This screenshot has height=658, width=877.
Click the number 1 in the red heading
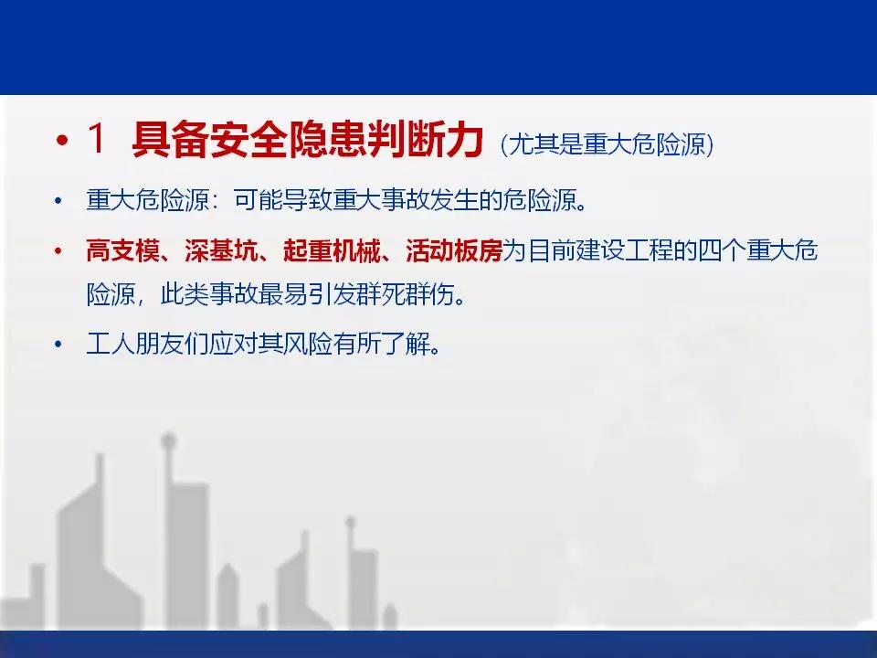96,139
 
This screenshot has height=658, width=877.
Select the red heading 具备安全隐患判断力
307,140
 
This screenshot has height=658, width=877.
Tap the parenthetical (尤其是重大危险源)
607,145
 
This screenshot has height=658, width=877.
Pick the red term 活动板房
454,250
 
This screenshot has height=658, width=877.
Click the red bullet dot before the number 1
61,140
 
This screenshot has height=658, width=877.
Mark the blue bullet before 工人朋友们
58,345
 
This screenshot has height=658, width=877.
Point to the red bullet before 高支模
58,250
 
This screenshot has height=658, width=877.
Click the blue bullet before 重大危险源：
58,200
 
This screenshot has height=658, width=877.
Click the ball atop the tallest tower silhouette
167,440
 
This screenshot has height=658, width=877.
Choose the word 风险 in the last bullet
307,344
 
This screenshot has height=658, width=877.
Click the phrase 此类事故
209,294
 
